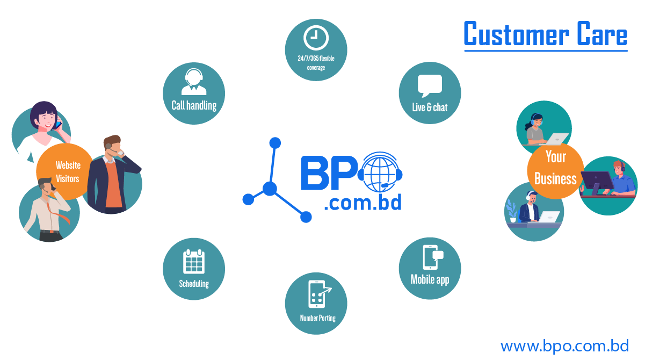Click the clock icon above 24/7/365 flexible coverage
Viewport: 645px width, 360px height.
[316, 38]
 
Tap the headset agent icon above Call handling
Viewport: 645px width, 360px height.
[194, 82]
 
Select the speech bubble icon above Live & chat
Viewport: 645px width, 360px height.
[430, 85]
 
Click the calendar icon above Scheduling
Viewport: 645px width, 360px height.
[194, 261]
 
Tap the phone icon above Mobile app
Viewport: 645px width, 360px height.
[431, 257]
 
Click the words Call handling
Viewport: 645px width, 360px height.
[194, 105]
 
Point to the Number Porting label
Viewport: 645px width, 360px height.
[317, 318]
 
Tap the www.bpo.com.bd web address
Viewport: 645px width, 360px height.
[564, 345]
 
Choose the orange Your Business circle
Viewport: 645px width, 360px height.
[555, 169]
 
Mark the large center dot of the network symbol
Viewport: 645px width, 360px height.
[270, 189]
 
